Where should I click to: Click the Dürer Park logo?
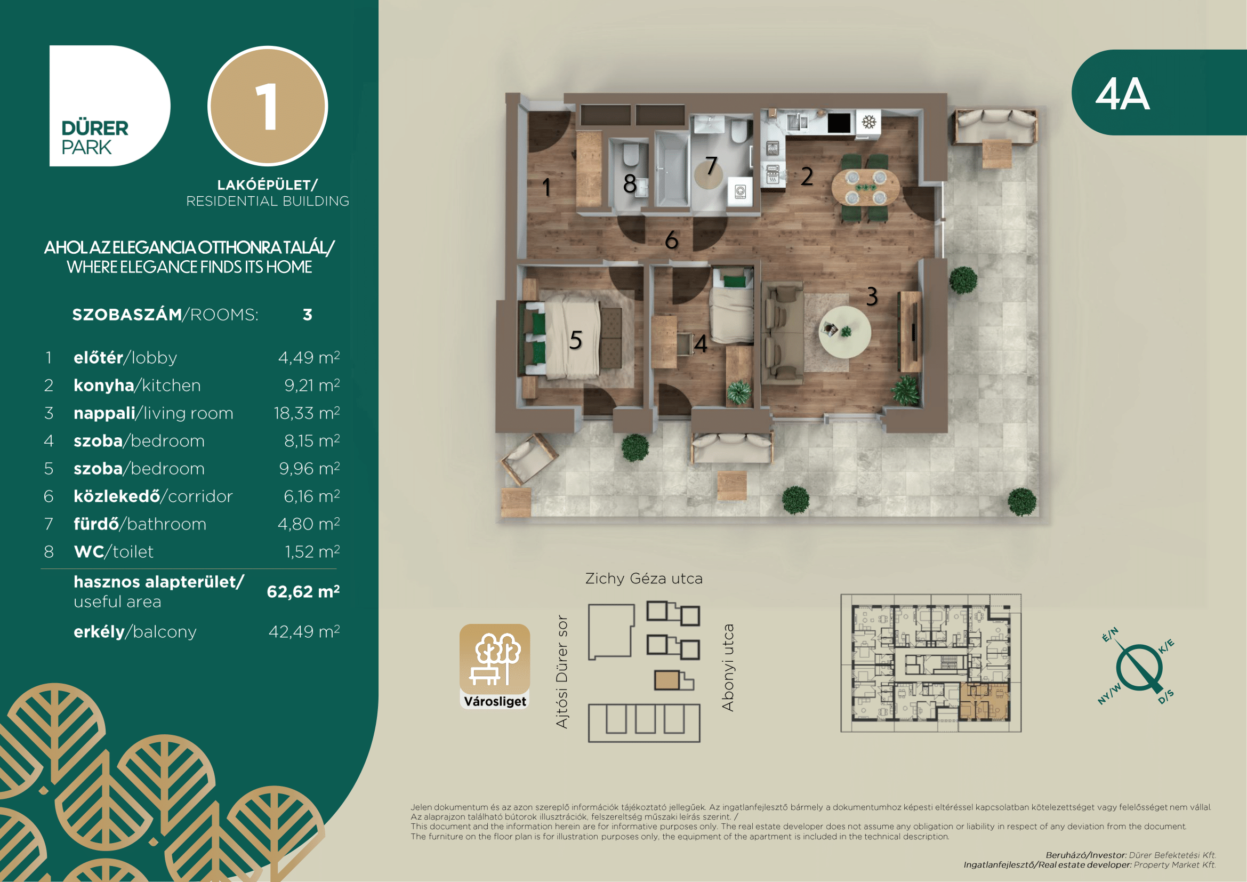[110, 106]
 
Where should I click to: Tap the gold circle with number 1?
[268, 106]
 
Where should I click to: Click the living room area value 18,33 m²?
[307, 413]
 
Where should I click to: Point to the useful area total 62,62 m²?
[303, 591]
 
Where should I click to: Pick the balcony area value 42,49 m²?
[304, 631]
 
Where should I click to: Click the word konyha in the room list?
[104, 385]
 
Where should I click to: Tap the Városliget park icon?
[495, 667]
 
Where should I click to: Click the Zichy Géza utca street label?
[644, 579]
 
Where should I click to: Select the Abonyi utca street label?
[728, 668]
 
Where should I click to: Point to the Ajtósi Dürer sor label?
[562, 672]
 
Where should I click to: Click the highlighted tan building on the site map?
[667, 680]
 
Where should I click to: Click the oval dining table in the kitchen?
[865, 187]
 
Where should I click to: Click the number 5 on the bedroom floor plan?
[576, 340]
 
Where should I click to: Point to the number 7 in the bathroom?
[712, 166]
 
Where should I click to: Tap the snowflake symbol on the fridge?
[869, 122]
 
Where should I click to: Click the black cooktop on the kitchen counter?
[839, 122]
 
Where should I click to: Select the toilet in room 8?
[631, 155]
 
